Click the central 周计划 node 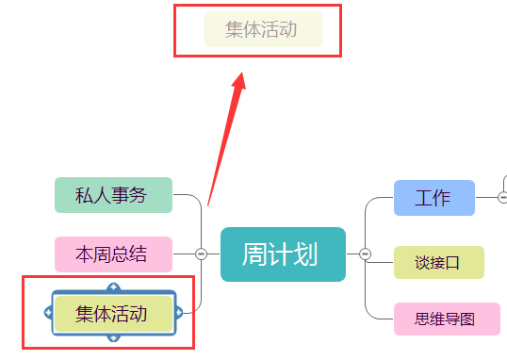click(x=283, y=254)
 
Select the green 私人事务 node click(x=113, y=195)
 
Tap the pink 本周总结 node click(x=113, y=254)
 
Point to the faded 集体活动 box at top click(x=263, y=30)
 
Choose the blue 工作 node click(x=433, y=198)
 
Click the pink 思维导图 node click(x=446, y=319)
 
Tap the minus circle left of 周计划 click(x=201, y=254)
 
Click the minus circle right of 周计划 click(x=366, y=254)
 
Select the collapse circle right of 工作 click(x=502, y=197)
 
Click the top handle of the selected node click(x=113, y=288)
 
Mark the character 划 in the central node click(x=307, y=254)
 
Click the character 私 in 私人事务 click(x=84, y=195)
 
